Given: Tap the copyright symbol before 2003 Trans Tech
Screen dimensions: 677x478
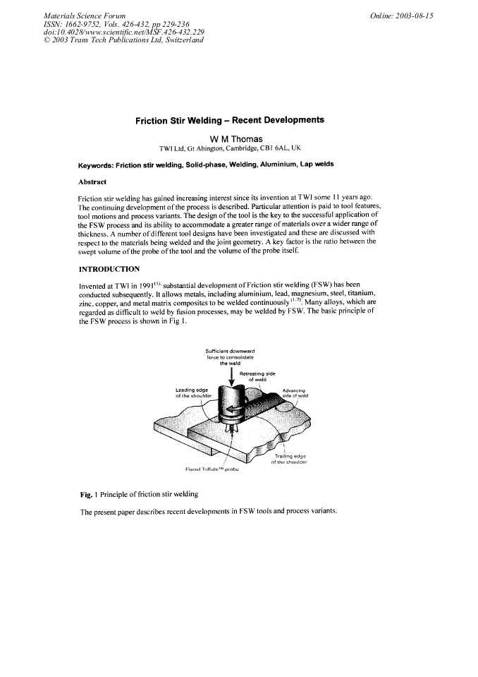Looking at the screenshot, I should (47, 40).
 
